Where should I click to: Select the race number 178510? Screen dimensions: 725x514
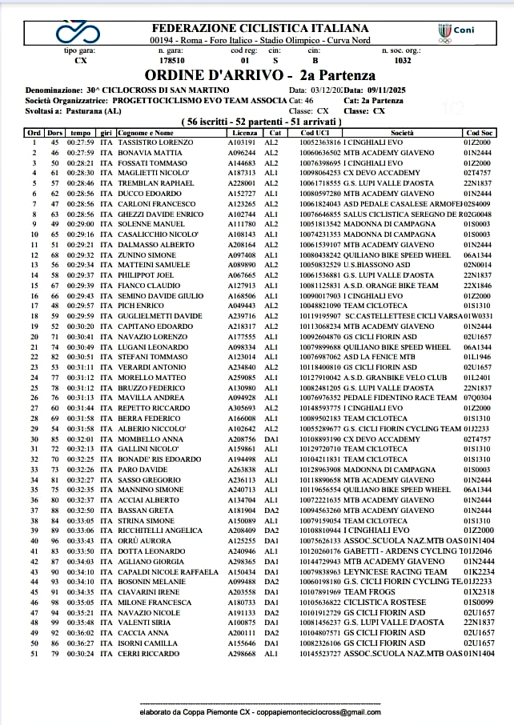tap(172, 59)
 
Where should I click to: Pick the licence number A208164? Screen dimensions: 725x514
tap(241, 244)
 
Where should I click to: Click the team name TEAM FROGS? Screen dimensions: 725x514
tap(367, 592)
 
